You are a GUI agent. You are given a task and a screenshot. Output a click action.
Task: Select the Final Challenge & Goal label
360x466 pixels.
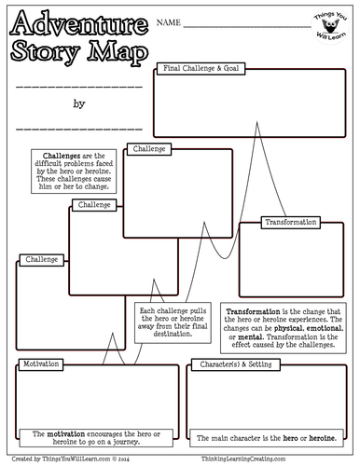click(x=203, y=68)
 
